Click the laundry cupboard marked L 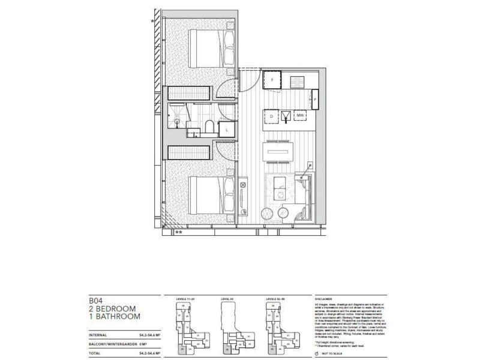[x=227, y=130]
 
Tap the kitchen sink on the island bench [x=287, y=116]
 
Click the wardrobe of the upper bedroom [x=189, y=94]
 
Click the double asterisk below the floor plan [x=178, y=232]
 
